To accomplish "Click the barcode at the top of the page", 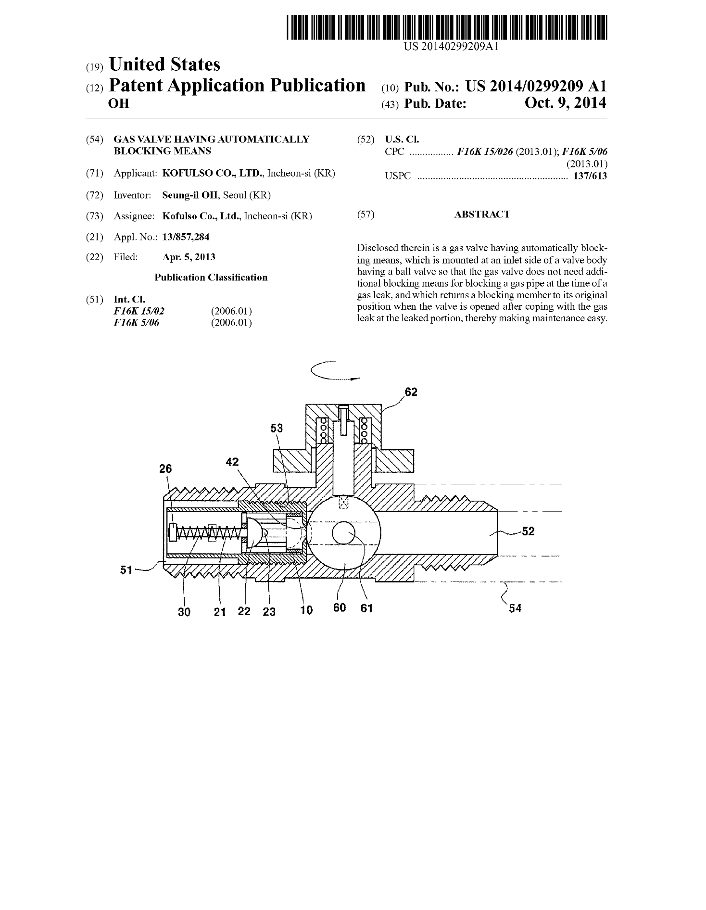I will pyautogui.click(x=447, y=27).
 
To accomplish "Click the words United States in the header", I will pyautogui.click(x=164, y=64).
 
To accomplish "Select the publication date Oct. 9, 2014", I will pyautogui.click(x=565, y=102).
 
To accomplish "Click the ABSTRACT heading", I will pyautogui.click(x=482, y=215).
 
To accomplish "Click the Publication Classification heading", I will pyautogui.click(x=211, y=278).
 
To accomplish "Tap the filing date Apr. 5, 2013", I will pyautogui.click(x=189, y=257).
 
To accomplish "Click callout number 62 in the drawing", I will pyautogui.click(x=411, y=392).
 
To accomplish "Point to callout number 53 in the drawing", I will pyautogui.click(x=277, y=428).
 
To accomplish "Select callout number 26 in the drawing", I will pyautogui.click(x=165, y=468).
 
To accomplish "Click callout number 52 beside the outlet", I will pyautogui.click(x=528, y=531).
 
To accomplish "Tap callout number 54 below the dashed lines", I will pyautogui.click(x=515, y=608).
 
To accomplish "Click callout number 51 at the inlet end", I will pyautogui.click(x=126, y=570).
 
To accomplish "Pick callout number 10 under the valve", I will pyautogui.click(x=306, y=610).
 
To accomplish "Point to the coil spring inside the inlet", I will pyautogui.click(x=207, y=533).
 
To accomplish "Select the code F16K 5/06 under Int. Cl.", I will pyautogui.click(x=136, y=322).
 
